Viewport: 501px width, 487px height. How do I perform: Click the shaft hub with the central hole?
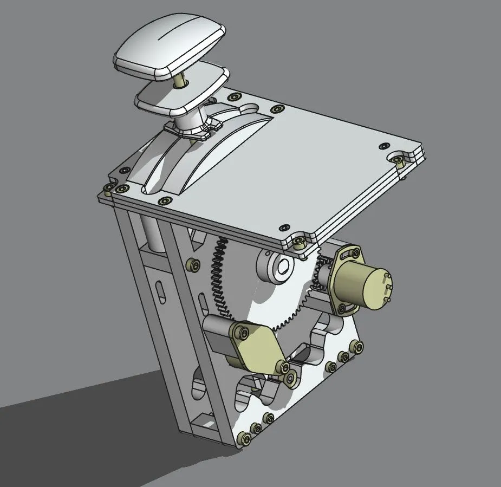pos(282,265)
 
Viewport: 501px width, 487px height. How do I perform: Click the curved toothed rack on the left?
pos(219,282)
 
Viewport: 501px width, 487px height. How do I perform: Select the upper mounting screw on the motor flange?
pos(355,252)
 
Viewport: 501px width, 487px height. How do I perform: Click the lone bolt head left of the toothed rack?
pos(191,265)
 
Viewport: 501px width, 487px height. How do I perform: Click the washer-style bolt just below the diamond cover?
pos(292,379)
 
